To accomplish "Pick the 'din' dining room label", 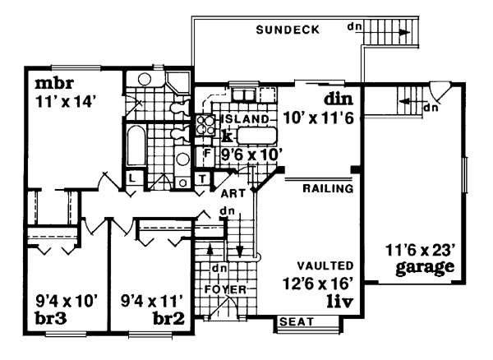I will tap(338, 99).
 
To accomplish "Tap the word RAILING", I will tap(328, 188).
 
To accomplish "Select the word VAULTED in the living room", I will tap(326, 267).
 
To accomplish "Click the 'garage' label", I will tap(424, 268).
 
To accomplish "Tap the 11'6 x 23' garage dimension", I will tap(420, 250).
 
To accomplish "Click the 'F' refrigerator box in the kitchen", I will tap(207, 152).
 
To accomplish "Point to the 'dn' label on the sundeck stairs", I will tap(355, 25).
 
